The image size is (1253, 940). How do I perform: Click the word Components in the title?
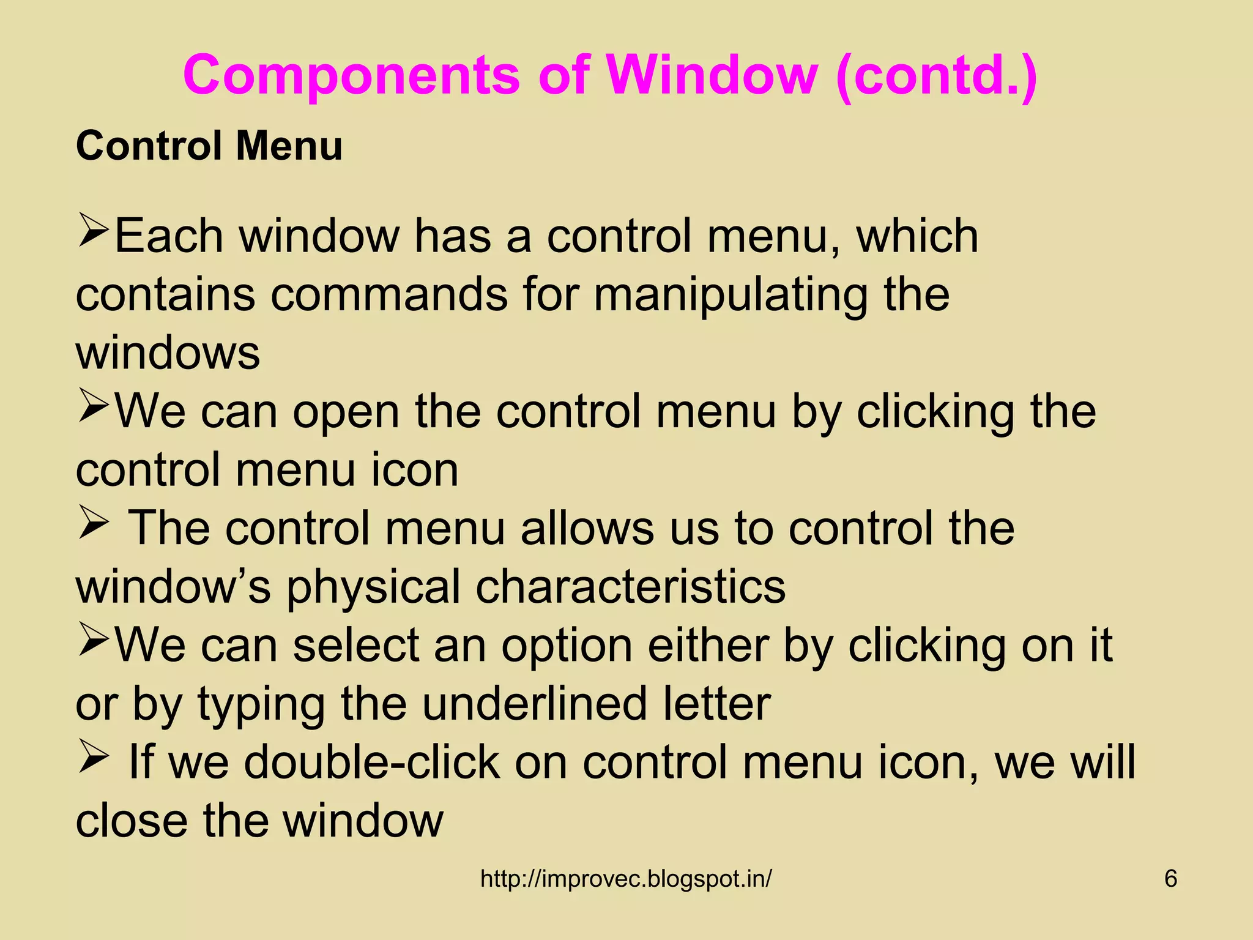pyautogui.click(x=351, y=76)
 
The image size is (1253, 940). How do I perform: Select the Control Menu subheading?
pyautogui.click(x=209, y=147)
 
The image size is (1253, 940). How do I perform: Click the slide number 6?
pyautogui.click(x=1170, y=879)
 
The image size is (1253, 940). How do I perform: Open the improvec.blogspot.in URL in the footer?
pyautogui.click(x=626, y=879)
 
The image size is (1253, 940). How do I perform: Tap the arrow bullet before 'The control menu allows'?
pyautogui.click(x=93, y=527)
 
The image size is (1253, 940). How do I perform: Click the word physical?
pyautogui.click(x=373, y=586)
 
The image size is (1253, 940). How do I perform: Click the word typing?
pyautogui.click(x=261, y=704)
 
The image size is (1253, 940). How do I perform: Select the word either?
pyautogui.click(x=708, y=645)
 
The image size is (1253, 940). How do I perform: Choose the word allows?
pyautogui.click(x=587, y=528)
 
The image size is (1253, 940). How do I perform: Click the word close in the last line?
pyautogui.click(x=132, y=821)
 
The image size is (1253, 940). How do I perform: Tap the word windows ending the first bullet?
pyautogui.click(x=168, y=354)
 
